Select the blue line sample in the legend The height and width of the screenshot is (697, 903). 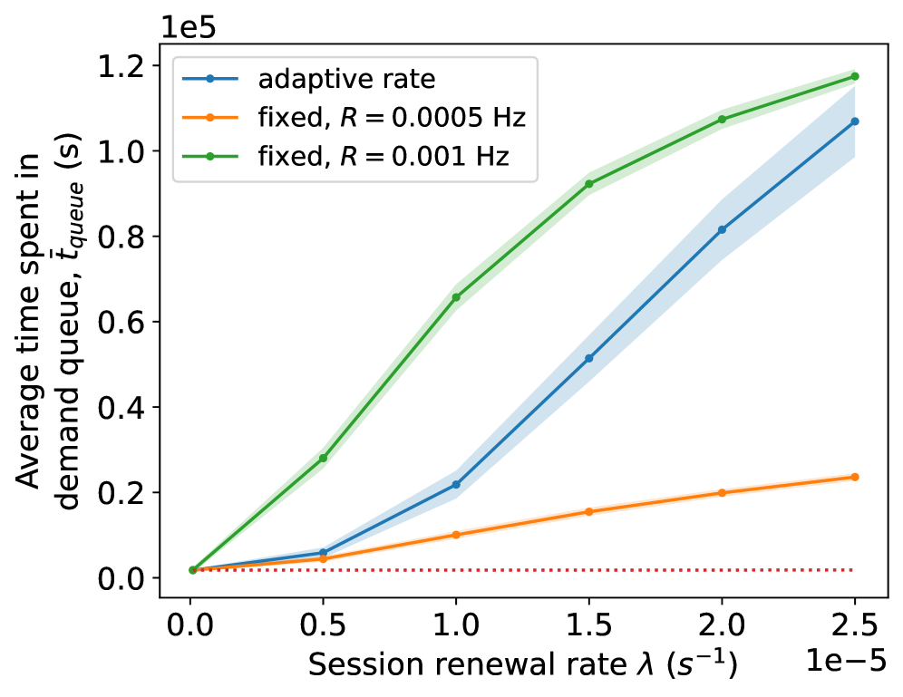tap(209, 79)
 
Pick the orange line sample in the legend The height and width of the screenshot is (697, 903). tap(209, 118)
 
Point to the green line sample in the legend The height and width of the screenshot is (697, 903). tap(209, 157)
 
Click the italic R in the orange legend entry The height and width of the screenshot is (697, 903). tap(347, 118)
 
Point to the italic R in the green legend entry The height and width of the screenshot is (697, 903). tap(347, 157)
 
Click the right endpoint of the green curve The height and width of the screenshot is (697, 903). tap(855, 77)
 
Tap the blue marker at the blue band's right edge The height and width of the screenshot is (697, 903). tap(855, 121)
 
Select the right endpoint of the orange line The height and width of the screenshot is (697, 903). tap(855, 477)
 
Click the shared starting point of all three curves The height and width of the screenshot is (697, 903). tap(192, 570)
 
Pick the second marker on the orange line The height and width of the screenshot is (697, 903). tap(324, 559)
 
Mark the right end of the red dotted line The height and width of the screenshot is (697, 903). tap(854, 570)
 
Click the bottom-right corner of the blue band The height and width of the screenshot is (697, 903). tap(855, 157)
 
